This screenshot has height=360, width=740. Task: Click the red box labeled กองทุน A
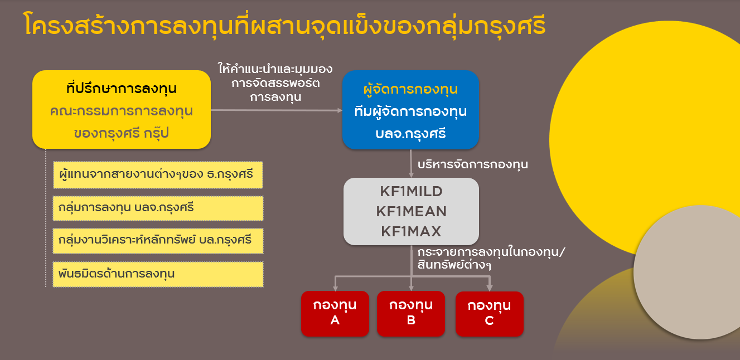click(335, 313)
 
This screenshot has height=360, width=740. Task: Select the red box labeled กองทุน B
click(411, 313)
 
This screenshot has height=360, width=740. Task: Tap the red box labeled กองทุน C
click(490, 314)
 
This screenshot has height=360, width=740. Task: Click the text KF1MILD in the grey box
click(412, 192)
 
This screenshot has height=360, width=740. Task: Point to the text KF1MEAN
click(412, 211)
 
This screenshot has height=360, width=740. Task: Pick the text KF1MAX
click(412, 231)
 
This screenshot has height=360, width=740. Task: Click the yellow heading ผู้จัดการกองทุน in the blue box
click(410, 90)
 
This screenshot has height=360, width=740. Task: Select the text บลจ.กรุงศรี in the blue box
click(410, 134)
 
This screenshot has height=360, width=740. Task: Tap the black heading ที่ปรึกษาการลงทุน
click(121, 89)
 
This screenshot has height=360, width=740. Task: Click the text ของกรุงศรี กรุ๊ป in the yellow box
click(121, 133)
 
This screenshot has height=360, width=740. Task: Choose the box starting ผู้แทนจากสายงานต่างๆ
click(158, 175)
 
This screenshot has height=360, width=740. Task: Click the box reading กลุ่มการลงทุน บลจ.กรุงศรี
click(158, 208)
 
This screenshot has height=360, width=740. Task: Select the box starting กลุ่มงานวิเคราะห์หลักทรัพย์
click(158, 241)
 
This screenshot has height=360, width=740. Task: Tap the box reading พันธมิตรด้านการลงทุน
click(158, 274)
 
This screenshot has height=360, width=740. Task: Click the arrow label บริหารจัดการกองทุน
click(473, 164)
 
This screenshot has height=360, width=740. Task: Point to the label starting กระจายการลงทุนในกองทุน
click(491, 258)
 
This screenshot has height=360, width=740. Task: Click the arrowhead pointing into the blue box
click(340, 110)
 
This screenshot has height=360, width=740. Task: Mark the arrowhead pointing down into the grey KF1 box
click(411, 175)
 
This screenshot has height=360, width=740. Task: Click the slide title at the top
click(285, 25)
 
